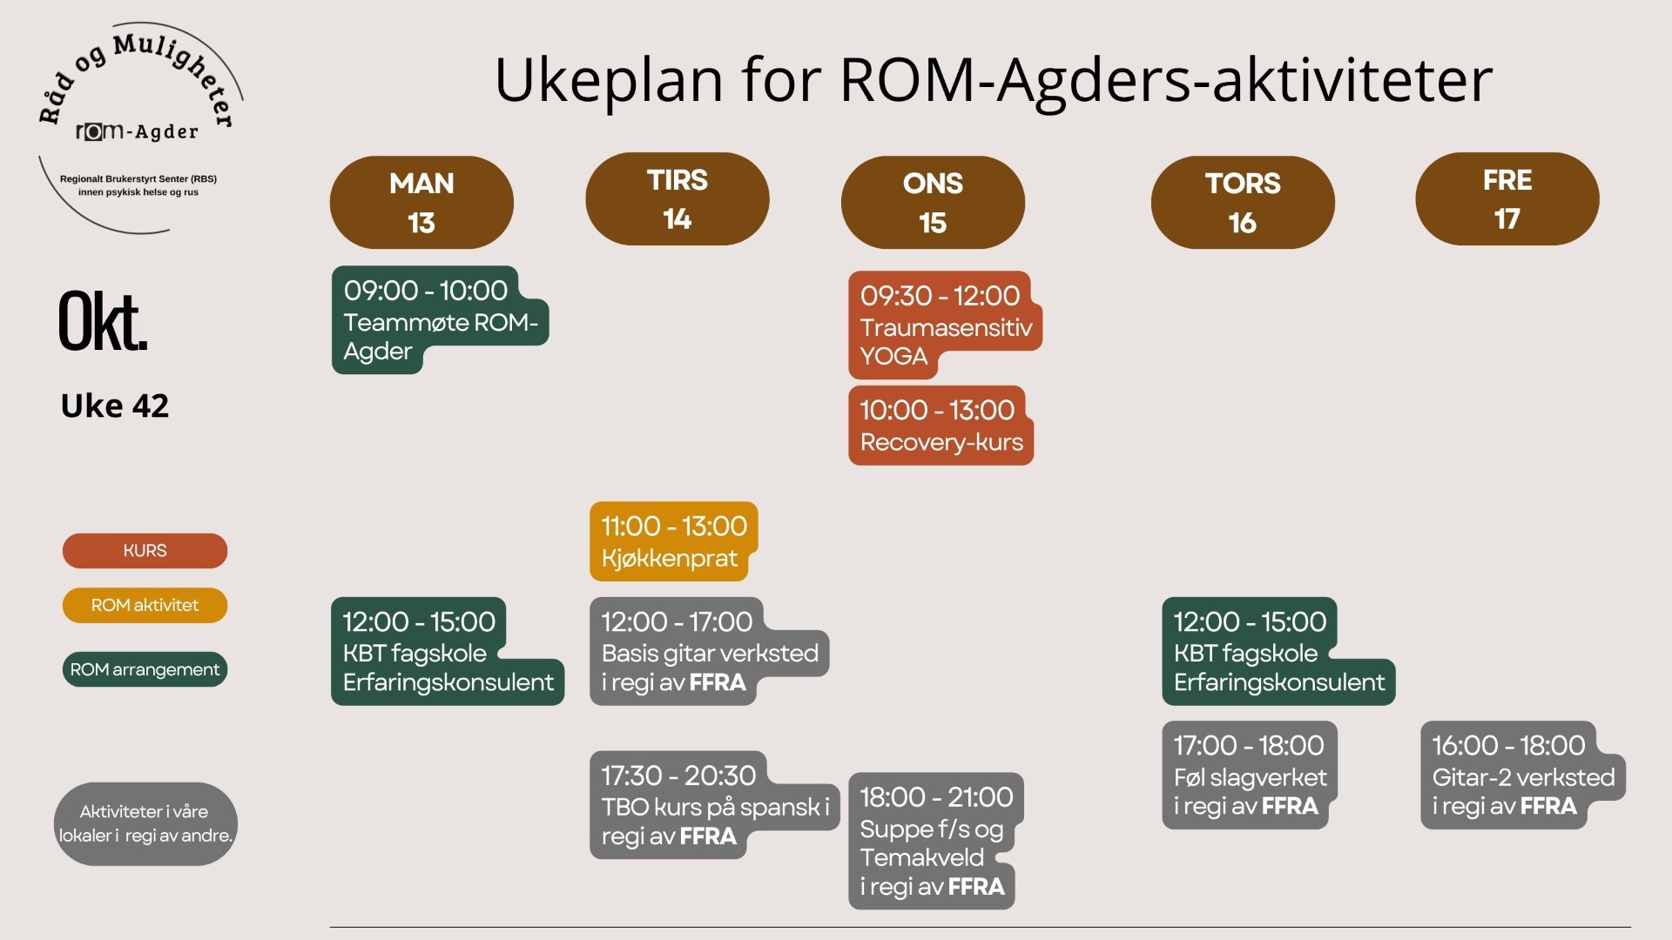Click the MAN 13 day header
click(x=421, y=203)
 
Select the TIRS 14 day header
click(x=678, y=199)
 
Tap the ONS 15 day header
click(x=933, y=203)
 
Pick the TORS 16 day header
click(x=1243, y=203)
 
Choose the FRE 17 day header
click(x=1507, y=199)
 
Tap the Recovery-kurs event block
click(x=940, y=426)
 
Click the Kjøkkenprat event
click(x=672, y=541)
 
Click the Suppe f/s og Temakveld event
click(x=932, y=841)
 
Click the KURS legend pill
click(x=145, y=551)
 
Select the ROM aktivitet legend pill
click(x=145, y=605)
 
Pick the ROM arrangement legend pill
click(x=145, y=669)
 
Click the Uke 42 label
click(x=115, y=406)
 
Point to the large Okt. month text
click(x=103, y=322)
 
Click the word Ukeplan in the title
click(x=610, y=80)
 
